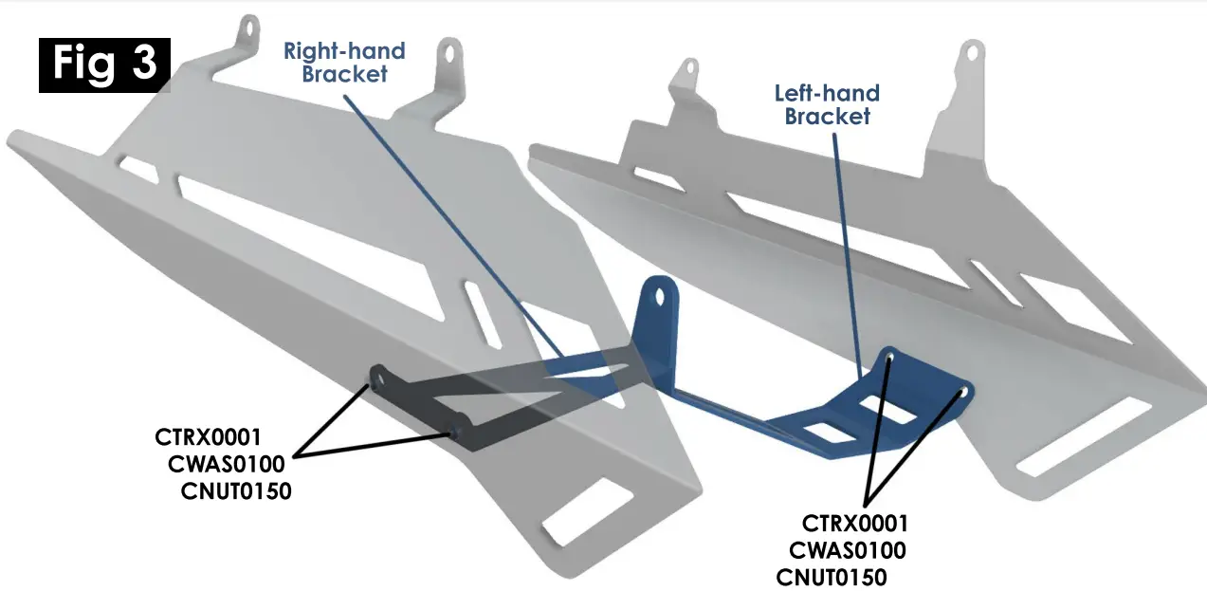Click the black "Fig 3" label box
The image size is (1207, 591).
pos(104,65)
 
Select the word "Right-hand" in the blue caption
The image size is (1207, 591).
pos(344,51)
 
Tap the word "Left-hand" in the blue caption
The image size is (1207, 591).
pos(827,94)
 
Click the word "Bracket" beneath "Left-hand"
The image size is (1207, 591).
pos(828,117)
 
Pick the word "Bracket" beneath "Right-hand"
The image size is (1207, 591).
pos(344,74)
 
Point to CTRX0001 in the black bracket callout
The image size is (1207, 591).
pos(208,438)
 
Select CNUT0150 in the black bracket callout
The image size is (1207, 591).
pos(235,490)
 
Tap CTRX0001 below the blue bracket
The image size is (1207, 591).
pos(855,523)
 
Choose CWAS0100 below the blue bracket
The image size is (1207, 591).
pos(848,550)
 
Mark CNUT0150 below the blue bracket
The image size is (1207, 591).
pos(832,577)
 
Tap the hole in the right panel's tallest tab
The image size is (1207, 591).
pos(970,52)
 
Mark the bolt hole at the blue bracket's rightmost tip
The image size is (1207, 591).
pos(963,391)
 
